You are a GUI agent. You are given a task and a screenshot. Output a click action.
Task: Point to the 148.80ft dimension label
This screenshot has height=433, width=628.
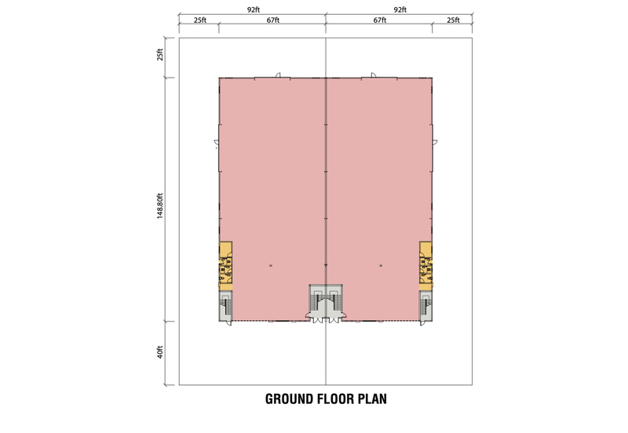pos(160,206)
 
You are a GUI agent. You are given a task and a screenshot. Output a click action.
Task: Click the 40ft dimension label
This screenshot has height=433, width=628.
pos(160,352)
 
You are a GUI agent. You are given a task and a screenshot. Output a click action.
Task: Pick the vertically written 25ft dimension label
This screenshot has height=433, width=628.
pos(160,54)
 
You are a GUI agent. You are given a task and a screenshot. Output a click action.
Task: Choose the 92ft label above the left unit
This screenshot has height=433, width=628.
pos(253,10)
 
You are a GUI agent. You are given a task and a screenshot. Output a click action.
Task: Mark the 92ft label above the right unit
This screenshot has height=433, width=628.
pos(400,10)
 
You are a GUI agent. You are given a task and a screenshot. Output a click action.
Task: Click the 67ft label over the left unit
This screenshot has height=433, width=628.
pos(273,20)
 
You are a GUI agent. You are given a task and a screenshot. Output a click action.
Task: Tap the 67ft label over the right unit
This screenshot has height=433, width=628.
pos(380,20)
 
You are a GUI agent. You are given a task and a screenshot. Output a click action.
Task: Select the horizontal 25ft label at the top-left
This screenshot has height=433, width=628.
pos(200,20)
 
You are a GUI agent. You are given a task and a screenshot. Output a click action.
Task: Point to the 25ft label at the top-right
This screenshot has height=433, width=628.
pos(453,20)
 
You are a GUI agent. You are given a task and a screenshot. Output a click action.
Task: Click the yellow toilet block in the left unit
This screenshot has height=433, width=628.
pos(225,266)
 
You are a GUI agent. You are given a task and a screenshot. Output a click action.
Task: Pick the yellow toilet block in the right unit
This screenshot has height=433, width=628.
pos(425,266)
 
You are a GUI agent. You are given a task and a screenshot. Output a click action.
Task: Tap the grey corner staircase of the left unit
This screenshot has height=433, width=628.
pos(225,306)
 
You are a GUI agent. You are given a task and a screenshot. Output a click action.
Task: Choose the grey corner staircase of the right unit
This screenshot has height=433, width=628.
pos(425,306)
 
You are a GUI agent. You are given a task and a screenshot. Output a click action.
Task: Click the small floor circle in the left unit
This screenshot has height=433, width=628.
pos(271,265)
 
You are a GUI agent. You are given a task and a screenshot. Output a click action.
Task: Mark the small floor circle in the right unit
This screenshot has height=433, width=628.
pos(381,265)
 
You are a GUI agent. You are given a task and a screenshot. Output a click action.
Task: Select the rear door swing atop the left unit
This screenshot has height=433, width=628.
pos(279,75)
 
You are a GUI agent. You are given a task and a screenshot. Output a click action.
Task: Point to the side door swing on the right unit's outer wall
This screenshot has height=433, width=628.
pos(435,142)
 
